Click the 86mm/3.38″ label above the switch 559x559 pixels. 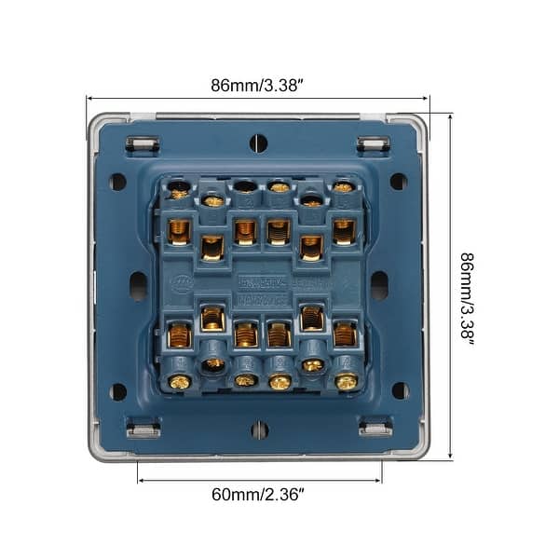coord(257,85)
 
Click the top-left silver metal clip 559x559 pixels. coord(143,144)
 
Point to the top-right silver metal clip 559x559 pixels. coord(374,144)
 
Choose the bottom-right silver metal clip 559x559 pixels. coord(374,429)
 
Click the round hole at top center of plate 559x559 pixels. coord(259,143)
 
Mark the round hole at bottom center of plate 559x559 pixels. coord(259,429)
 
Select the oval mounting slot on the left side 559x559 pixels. coord(138,286)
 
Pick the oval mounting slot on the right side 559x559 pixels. coord(379,285)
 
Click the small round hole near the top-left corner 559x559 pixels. coord(118,182)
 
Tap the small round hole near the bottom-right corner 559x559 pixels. coord(400,390)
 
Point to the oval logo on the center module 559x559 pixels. coord(184,280)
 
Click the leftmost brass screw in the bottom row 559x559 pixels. coord(179,381)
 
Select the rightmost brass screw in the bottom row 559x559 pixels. coord(346,381)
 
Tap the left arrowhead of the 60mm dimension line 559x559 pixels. coord(141,480)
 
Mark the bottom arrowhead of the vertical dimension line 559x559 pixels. coord(451,457)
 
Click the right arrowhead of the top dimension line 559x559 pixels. coord(427,98)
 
